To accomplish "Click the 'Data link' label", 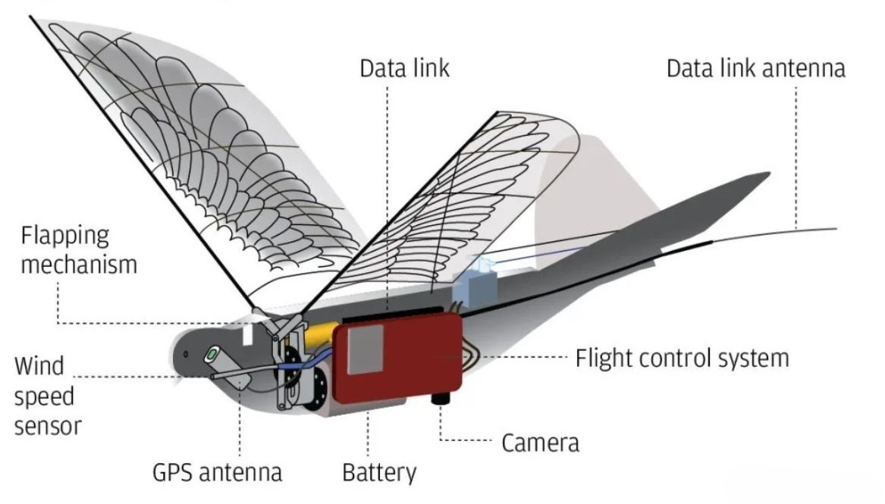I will (x=404, y=68).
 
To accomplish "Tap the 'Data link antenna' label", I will (x=755, y=68).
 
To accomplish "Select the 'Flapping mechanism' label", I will (x=79, y=249).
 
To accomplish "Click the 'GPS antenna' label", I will (x=217, y=472).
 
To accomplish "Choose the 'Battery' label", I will (x=379, y=473).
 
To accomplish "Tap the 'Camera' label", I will (x=540, y=443).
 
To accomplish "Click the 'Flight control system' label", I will (x=682, y=357).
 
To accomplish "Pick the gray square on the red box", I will (x=366, y=351).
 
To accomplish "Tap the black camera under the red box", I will (x=441, y=399).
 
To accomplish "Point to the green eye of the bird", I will (x=213, y=353).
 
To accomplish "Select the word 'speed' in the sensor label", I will (x=44, y=396).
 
